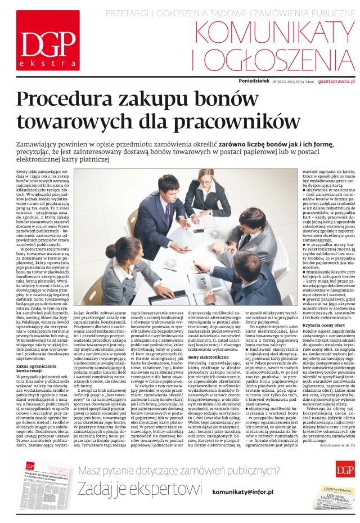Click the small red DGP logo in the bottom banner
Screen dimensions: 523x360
(x=344, y=468)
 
